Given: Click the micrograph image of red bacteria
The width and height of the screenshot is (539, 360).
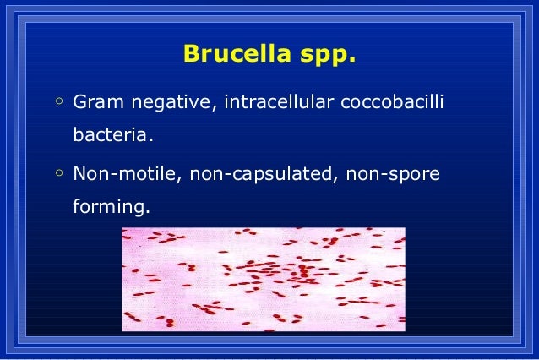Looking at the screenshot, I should pos(263,279).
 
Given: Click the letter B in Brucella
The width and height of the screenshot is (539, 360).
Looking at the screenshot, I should pos(190,55).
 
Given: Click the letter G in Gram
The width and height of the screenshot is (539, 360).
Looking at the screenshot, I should pos(79,103).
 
